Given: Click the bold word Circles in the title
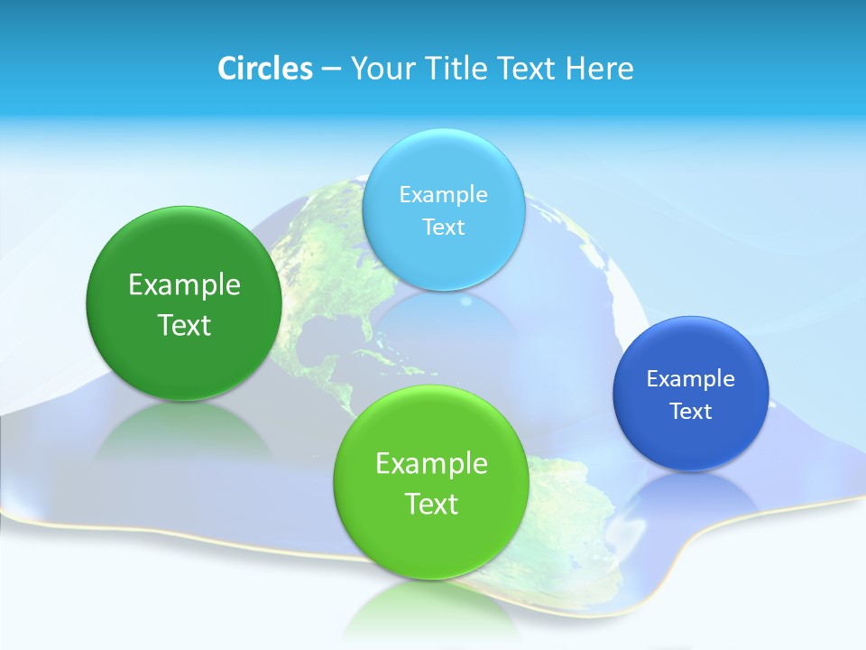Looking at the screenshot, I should (264, 69).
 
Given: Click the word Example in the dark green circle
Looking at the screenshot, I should (184, 285).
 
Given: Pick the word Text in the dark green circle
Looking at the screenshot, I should (184, 325).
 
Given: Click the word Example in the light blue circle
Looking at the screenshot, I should (443, 194).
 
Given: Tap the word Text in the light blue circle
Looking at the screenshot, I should (443, 227).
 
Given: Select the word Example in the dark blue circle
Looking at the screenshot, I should (691, 378).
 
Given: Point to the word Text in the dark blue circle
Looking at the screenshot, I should (691, 411).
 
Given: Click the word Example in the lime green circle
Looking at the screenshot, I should (431, 463).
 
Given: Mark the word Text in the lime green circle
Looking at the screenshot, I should (431, 503).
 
